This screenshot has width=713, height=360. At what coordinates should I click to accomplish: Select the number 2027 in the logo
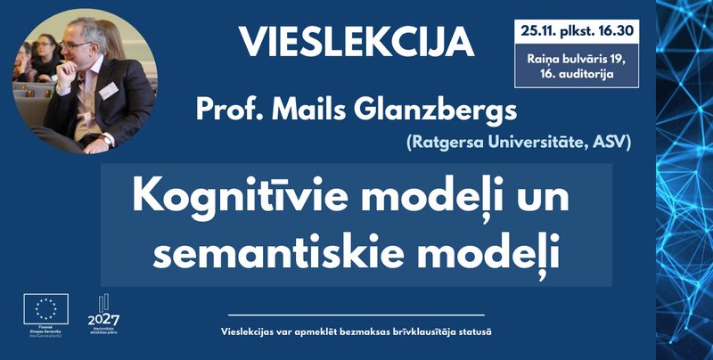(x=104, y=320)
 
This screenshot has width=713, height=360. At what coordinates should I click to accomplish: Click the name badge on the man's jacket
(x=109, y=91)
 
